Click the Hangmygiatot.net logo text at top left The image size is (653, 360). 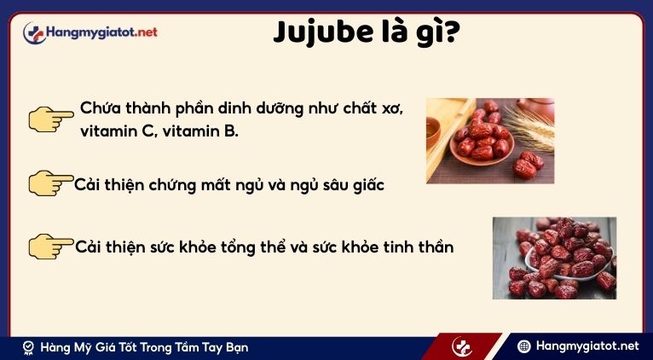[x=103, y=32]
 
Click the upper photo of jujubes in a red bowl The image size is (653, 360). [x=489, y=141]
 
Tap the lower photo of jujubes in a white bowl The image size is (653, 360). [x=554, y=258]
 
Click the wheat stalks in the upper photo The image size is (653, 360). [x=533, y=126]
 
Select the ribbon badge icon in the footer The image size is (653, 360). [x=28, y=347]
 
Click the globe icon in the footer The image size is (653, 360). [x=525, y=346]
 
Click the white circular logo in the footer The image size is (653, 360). [x=462, y=347]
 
